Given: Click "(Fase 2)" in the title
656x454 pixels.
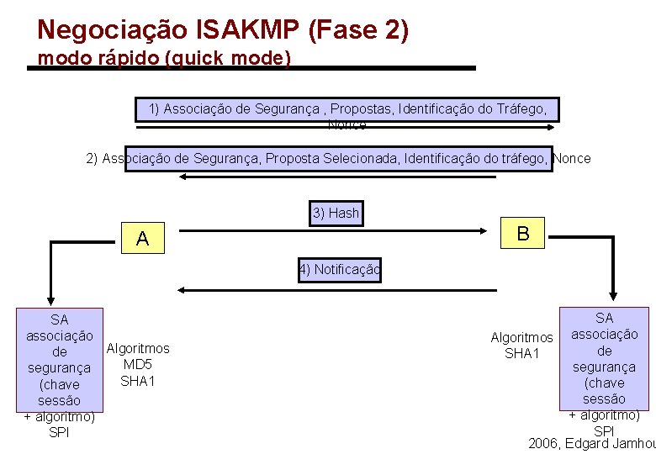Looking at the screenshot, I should pyautogui.click(x=359, y=30).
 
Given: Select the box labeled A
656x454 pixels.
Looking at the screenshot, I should pyautogui.click(x=142, y=239).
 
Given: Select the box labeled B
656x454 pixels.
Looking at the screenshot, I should pyautogui.click(x=523, y=234).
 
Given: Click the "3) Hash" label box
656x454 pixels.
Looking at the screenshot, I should pyautogui.click(x=336, y=214).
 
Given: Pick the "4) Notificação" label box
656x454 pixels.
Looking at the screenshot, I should pyautogui.click(x=339, y=270).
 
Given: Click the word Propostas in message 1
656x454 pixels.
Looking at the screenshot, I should pyautogui.click(x=363, y=108).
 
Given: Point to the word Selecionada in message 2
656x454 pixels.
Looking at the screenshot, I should pyautogui.click(x=361, y=158).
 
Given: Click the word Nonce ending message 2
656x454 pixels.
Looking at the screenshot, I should pyautogui.click(x=573, y=158).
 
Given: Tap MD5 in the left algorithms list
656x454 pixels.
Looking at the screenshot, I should pyautogui.click(x=137, y=364).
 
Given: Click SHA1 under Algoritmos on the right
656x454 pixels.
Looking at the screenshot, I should pyautogui.click(x=521, y=353).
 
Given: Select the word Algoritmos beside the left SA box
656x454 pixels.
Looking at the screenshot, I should pyautogui.click(x=138, y=348).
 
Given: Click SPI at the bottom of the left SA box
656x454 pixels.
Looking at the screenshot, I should pyautogui.click(x=59, y=432).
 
